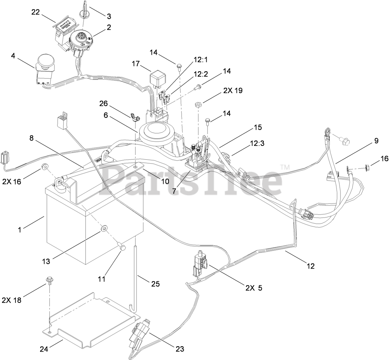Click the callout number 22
36,12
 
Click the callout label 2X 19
232,91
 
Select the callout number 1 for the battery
20,230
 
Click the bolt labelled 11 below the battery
122,248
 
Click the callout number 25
155,284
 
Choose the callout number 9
376,141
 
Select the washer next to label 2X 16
44,167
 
